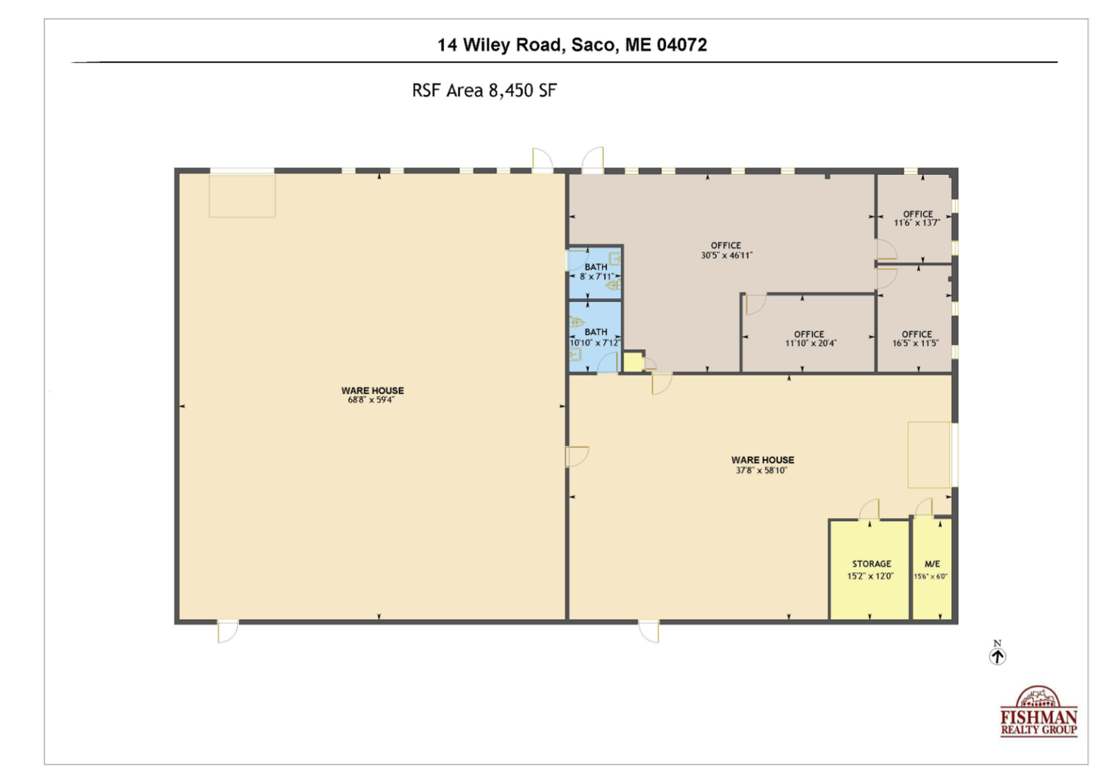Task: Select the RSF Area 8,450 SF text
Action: pos(484,91)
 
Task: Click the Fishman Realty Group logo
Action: pos(1039,712)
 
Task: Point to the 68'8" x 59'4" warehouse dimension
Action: pos(371,399)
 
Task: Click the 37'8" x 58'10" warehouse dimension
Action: pos(762,470)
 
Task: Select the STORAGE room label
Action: pos(871,564)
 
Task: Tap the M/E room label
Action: pos(932,564)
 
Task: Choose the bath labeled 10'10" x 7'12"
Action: pos(595,337)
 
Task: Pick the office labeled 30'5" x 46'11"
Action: pos(726,250)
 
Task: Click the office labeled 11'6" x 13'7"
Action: pos(917,218)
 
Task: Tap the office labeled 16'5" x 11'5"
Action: pos(916,338)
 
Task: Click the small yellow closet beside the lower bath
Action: pos(633,362)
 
